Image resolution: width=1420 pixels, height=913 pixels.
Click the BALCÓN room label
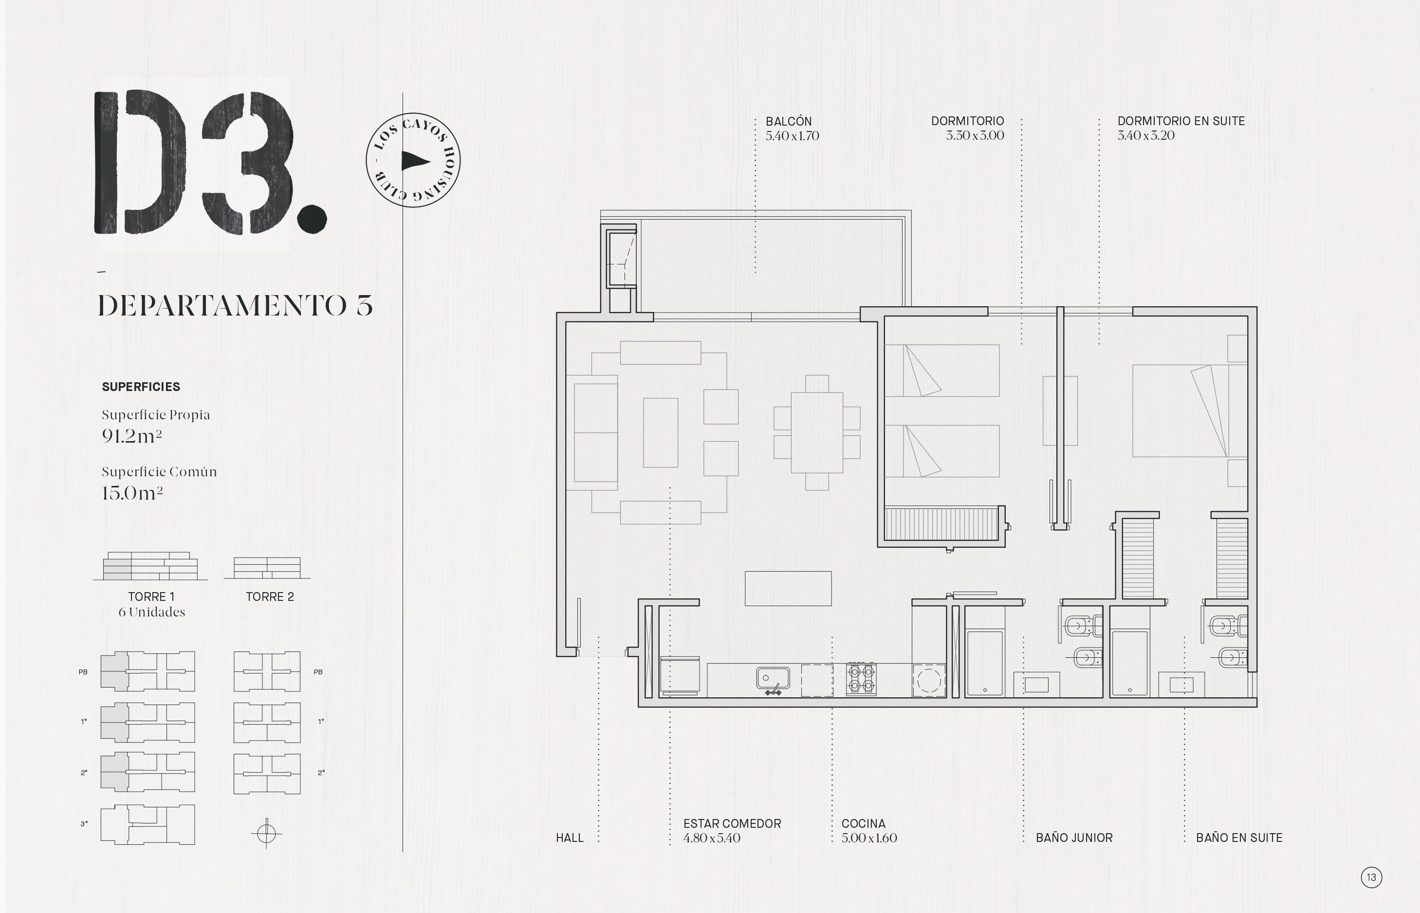[788, 121]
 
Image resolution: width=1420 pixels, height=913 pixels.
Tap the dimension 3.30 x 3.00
[975, 136]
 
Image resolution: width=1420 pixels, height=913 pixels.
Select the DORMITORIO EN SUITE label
[1181, 121]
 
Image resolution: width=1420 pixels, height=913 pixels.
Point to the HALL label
[570, 838]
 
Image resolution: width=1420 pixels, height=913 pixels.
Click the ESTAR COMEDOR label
[732, 823]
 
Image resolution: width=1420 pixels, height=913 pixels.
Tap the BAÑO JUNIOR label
[1074, 838]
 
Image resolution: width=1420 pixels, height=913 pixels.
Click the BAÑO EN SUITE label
[1238, 838]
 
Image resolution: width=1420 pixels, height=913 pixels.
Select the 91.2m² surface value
[131, 436]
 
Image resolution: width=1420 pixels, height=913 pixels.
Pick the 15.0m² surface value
[132, 493]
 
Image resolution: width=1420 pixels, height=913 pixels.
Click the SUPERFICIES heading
[141, 387]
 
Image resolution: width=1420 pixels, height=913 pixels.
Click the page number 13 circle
[1371, 877]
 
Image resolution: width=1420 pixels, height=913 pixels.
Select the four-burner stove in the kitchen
[861, 679]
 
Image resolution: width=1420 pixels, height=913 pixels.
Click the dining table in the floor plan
[817, 433]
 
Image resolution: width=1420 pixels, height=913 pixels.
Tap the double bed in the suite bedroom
[1180, 411]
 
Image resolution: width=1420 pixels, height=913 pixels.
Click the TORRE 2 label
[270, 597]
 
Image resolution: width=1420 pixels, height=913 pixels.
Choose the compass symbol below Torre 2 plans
[266, 834]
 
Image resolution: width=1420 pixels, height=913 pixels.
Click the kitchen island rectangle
[788, 589]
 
